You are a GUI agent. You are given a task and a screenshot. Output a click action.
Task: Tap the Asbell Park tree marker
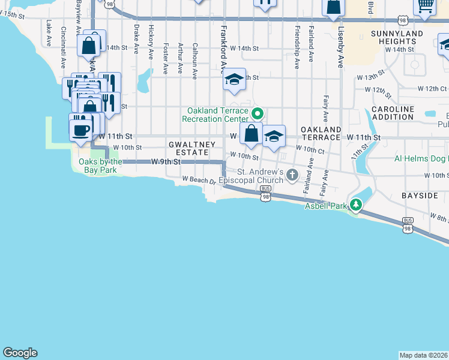point(356,205)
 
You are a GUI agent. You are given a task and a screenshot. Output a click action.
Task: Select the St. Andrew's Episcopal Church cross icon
point(292,175)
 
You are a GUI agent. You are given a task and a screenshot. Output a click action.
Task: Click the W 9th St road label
point(166,162)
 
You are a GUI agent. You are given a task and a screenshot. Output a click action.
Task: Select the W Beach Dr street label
point(199,179)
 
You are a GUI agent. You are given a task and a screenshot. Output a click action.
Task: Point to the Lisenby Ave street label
point(340,47)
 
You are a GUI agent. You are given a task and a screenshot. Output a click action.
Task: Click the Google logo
point(20,353)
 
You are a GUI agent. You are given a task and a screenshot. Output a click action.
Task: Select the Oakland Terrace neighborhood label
point(321,133)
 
